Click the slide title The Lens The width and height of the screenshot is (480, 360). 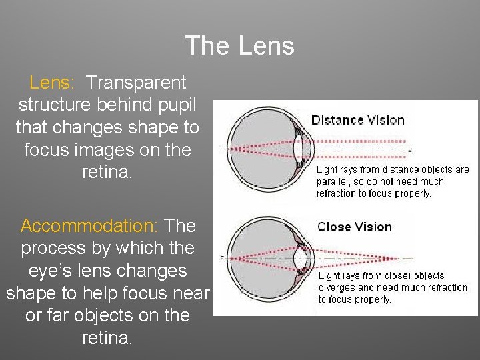coord(239,46)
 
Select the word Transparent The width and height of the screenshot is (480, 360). coord(137,83)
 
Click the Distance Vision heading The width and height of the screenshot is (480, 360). coord(358,120)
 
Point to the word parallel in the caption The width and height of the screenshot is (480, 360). coord(334,181)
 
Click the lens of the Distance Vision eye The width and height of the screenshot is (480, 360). coord(298,149)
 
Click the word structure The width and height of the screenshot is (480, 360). coord(56,105)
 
